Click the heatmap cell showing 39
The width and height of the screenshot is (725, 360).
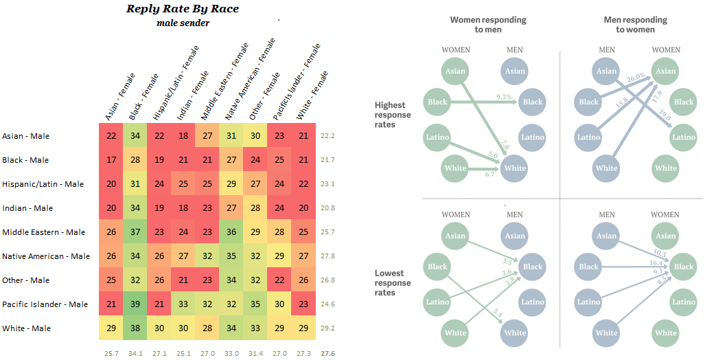136,304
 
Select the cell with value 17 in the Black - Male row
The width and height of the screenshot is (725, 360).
112,160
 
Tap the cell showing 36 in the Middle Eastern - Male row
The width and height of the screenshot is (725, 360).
231,232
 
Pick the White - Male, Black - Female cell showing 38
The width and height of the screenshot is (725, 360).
136,328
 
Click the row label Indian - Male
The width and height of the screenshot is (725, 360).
26,208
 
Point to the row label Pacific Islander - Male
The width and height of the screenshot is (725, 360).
45,304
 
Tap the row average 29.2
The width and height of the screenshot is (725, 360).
327,328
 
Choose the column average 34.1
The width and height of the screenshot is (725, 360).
136,354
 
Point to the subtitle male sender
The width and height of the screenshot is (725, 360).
183,23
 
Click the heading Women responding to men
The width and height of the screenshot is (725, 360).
488,25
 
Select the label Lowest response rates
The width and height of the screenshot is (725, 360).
393,283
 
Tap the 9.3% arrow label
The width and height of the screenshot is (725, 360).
503,98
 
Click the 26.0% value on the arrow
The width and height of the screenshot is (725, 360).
635,77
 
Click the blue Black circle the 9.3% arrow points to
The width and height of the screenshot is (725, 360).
532,102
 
